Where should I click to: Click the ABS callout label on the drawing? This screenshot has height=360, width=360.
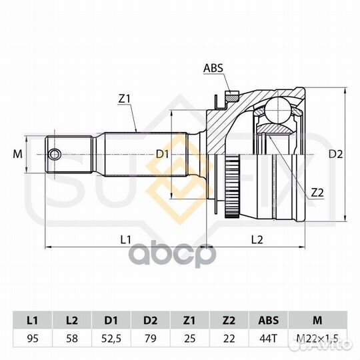pyautogui.click(x=213, y=68)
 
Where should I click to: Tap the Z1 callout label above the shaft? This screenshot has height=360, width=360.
pyautogui.click(x=125, y=99)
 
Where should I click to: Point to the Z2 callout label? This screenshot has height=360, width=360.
pyautogui.click(x=317, y=193)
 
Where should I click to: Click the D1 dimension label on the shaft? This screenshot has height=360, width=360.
pyautogui.click(x=162, y=154)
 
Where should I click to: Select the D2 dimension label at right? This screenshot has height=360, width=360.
pyautogui.click(x=335, y=154)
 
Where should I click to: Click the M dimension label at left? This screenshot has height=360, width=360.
pyautogui.click(x=18, y=154)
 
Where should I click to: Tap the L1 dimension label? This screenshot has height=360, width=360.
pyautogui.click(x=126, y=240)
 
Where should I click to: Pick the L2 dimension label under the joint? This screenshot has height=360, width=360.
pyautogui.click(x=257, y=240)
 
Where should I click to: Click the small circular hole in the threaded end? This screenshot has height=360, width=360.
pyautogui.click(x=55, y=154)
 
